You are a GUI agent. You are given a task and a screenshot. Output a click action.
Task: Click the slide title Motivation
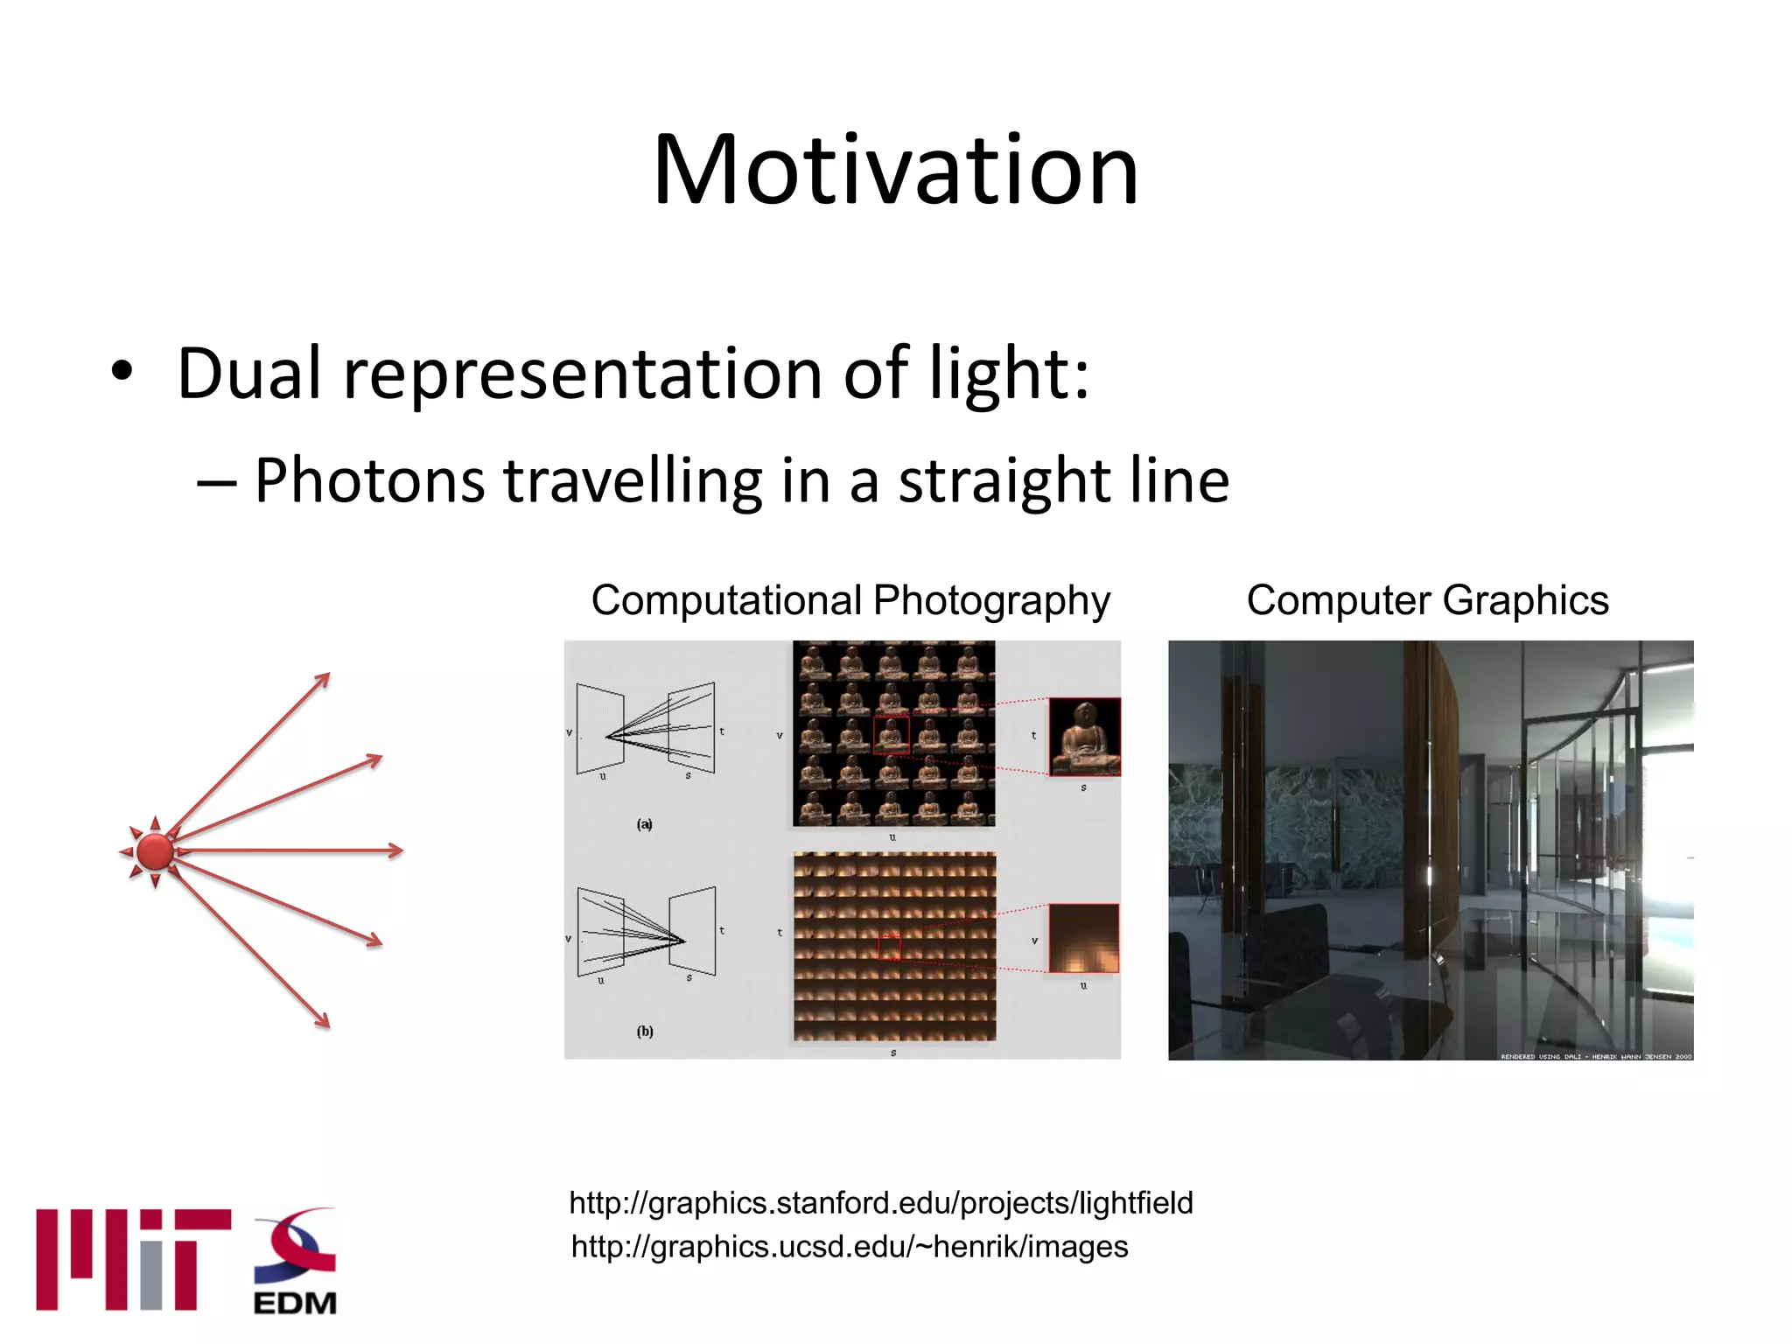click(895, 170)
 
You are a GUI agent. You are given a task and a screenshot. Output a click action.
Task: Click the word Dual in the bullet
click(248, 374)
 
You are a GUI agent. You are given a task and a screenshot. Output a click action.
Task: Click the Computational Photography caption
click(850, 601)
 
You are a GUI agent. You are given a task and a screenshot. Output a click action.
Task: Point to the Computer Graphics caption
click(1427, 601)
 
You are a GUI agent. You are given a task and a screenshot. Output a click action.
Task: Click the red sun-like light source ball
click(156, 851)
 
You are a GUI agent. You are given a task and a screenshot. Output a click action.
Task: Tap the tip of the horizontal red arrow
click(401, 850)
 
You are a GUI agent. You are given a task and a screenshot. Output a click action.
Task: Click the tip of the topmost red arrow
click(327, 675)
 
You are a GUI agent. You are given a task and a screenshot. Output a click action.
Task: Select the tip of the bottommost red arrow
click(327, 1025)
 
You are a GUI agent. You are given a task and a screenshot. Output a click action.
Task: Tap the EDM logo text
click(295, 1303)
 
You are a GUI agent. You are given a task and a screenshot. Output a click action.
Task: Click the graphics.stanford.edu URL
click(880, 1203)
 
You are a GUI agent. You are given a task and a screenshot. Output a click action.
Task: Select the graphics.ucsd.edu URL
click(849, 1247)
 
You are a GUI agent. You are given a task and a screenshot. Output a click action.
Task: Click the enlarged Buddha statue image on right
click(1084, 737)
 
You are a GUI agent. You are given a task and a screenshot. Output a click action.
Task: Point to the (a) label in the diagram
click(645, 823)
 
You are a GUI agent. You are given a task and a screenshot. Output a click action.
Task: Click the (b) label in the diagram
click(645, 1031)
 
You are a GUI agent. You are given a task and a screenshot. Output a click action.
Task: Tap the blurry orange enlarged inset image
click(1083, 938)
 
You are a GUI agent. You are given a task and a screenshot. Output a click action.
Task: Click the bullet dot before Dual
click(122, 372)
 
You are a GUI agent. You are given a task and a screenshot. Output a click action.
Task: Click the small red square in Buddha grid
click(891, 735)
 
